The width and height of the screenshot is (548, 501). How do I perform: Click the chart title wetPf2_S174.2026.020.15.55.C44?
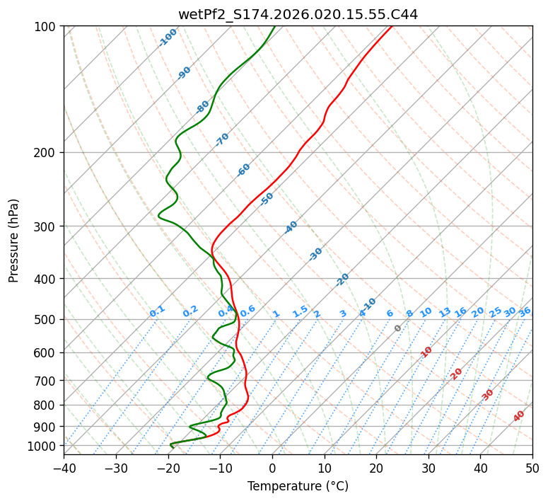pyautogui.click(x=298, y=12)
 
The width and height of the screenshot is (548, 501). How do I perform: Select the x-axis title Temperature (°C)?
pyautogui.click(x=298, y=487)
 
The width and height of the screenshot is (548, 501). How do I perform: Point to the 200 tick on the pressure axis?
pyautogui.click(x=47, y=153)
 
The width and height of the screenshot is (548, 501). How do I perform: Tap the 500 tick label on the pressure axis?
pyautogui.click(x=47, y=320)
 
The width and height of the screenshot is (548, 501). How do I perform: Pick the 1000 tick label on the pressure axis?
pyautogui.click(x=44, y=446)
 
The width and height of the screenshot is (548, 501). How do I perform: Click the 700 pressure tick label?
pyautogui.click(x=47, y=381)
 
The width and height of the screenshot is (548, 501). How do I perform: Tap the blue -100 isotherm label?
pyautogui.click(x=168, y=38)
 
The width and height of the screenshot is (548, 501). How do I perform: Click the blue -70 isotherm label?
pyautogui.click(x=222, y=139)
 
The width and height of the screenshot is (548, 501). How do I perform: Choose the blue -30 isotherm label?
pyautogui.click(x=315, y=254)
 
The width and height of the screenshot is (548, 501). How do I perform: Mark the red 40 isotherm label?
pyautogui.click(x=519, y=416)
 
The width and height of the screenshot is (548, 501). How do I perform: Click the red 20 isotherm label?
pyautogui.click(x=456, y=373)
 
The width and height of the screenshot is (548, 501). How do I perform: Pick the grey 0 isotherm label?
pyautogui.click(x=397, y=328)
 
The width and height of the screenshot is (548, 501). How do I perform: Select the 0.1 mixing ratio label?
pyautogui.click(x=157, y=311)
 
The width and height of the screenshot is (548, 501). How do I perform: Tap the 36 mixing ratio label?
pyautogui.click(x=525, y=311)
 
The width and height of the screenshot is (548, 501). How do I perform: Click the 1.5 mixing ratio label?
pyautogui.click(x=300, y=311)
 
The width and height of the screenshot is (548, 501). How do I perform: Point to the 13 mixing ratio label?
pyautogui.click(x=445, y=312)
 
